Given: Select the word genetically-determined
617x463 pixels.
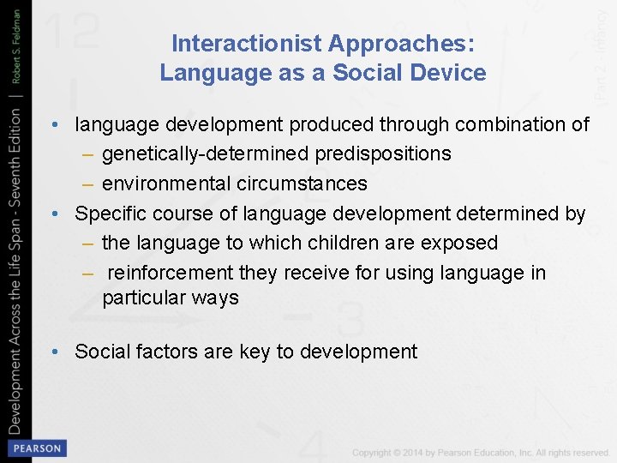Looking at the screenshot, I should [206, 154].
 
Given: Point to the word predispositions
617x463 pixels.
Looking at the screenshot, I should [383, 154].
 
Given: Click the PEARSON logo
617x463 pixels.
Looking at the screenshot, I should [35, 448].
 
